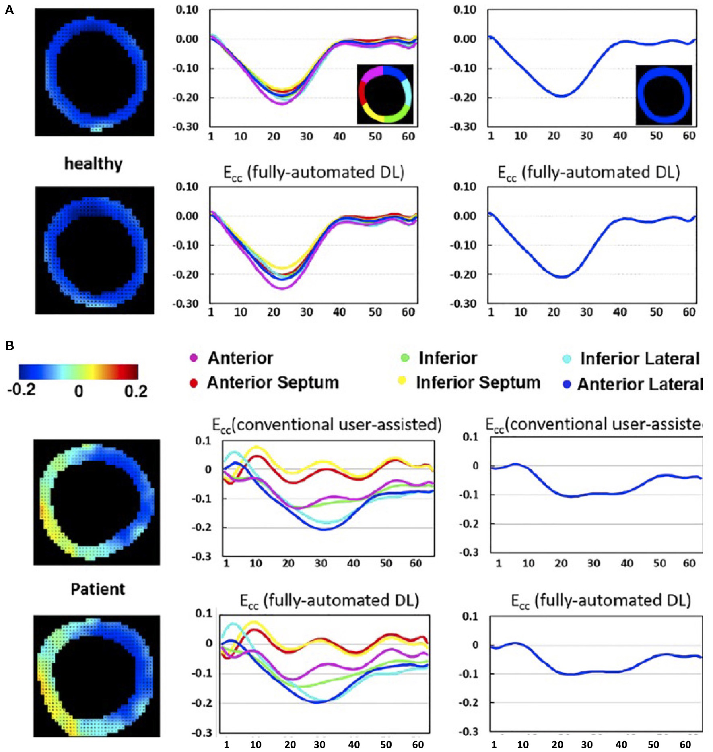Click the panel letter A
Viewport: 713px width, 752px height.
[9, 10]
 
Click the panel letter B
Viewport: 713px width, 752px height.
[9, 345]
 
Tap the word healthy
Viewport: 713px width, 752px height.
[93, 164]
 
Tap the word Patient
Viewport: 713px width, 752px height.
[98, 589]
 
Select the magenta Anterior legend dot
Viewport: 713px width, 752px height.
[194, 358]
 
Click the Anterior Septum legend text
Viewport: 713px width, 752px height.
[273, 383]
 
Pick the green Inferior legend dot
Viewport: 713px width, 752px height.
[405, 358]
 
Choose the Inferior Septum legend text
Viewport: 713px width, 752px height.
[478, 383]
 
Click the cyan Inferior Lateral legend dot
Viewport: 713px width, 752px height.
[567, 359]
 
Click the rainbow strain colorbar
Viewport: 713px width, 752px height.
[78, 372]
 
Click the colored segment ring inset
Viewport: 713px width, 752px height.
[385, 94]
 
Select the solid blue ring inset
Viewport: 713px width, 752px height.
[664, 95]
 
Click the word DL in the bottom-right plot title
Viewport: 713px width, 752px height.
[678, 601]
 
